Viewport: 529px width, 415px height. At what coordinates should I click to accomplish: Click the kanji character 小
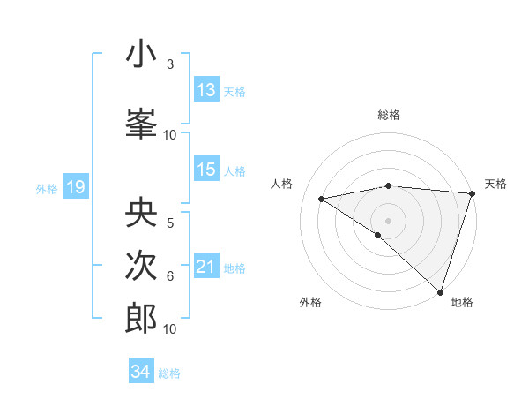pos(141,56)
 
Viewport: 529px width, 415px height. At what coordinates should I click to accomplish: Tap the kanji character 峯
pos(141,123)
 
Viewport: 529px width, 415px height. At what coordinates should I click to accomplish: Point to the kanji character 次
pos(141,266)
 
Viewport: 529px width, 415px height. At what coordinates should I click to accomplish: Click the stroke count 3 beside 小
pos(170,65)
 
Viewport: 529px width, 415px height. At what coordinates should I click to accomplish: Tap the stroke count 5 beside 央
pos(170,223)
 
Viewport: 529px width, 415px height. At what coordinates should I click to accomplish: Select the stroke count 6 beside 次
pos(170,276)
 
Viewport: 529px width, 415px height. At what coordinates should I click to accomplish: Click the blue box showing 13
pos(206,90)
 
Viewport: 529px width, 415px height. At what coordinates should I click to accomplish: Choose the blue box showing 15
pos(206,170)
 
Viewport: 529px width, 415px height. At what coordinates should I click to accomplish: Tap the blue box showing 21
pos(206,267)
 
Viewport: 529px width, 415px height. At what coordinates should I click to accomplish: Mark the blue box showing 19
pos(75,187)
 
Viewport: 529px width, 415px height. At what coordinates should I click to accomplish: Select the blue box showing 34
pos(140,372)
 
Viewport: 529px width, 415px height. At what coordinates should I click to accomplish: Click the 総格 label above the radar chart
pos(389,115)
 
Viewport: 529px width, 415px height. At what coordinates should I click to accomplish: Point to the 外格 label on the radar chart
pos(310,302)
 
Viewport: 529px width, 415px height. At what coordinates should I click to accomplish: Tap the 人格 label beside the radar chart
pos(282,184)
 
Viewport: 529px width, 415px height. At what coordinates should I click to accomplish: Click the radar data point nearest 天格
pos(472,194)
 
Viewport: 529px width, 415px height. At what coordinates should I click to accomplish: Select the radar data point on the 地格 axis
pos(440,291)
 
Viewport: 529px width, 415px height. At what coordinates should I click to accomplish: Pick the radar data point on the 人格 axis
pos(322,199)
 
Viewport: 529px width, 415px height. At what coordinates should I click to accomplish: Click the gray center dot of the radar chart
pos(388,219)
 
